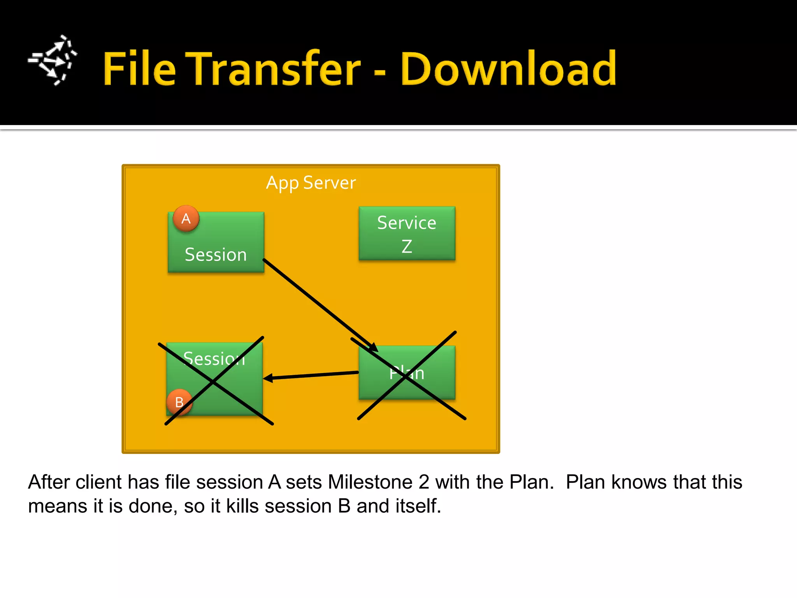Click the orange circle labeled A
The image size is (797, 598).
coord(186,218)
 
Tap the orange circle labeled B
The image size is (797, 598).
coord(179,402)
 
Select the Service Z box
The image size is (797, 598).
coord(407,233)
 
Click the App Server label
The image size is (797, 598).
coord(311,183)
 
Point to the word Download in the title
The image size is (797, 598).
coord(508,69)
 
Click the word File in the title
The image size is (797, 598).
coord(139,69)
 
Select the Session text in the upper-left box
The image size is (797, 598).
coord(216,255)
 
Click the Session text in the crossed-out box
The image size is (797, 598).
coord(214,358)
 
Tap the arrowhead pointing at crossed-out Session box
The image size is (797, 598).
coord(268,378)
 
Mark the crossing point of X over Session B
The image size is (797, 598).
coord(213,382)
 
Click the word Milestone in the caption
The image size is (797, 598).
coord(370,482)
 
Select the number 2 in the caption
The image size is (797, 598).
coord(424,482)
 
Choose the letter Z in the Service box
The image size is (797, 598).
coord(407,246)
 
